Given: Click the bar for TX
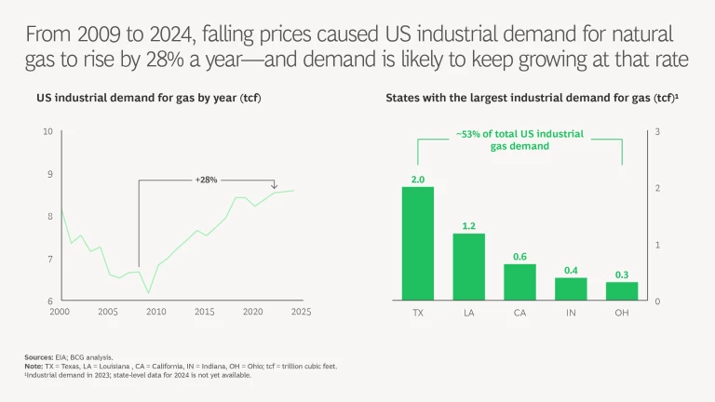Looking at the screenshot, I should [x=418, y=244].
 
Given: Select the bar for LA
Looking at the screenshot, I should [x=469, y=267].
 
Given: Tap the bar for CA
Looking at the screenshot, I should [x=520, y=282].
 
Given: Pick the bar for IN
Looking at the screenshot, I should [x=571, y=289].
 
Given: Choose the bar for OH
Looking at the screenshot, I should [x=622, y=291].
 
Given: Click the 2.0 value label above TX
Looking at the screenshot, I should [x=418, y=179].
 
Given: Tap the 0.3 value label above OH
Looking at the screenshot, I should [x=622, y=275].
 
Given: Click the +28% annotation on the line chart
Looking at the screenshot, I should [x=206, y=180].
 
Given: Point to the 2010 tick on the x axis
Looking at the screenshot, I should [x=155, y=312].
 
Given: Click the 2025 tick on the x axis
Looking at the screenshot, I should [x=302, y=312].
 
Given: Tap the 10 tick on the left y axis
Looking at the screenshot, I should [x=47, y=131].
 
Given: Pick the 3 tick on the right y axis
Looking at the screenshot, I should [x=658, y=131].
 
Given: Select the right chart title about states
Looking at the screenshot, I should [x=531, y=97].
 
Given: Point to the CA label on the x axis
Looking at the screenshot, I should [x=520, y=313].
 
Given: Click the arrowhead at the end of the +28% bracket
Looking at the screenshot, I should [x=276, y=186].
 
